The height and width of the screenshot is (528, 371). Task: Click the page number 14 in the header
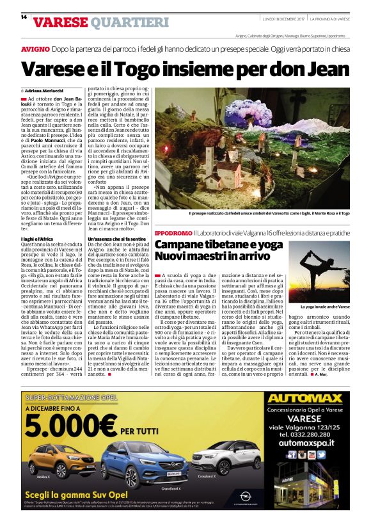pyautogui.click(x=24, y=17)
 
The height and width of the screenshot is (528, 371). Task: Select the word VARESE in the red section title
pyautogui.click(x=60, y=23)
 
